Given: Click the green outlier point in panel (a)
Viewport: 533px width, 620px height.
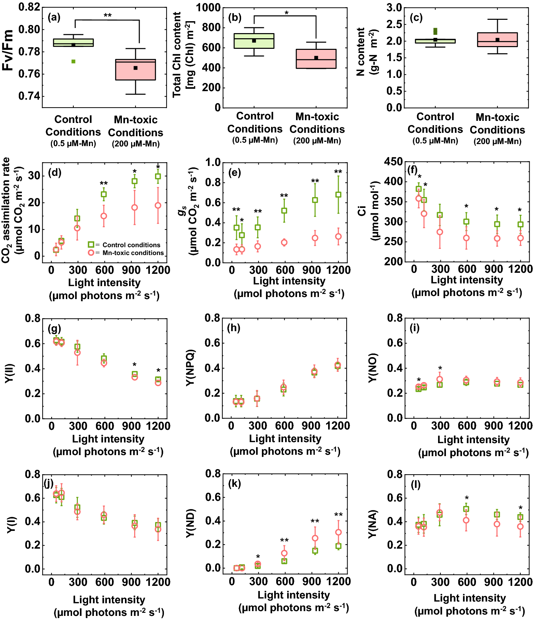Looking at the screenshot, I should click(73, 61).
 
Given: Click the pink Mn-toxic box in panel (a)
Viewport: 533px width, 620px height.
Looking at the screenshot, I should click(136, 70).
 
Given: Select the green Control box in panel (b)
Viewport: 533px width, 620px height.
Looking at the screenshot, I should click(254, 41).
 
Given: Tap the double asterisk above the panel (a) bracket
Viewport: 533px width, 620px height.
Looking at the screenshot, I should click(108, 15).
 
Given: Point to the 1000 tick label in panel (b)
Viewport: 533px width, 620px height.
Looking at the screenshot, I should click(208, 8).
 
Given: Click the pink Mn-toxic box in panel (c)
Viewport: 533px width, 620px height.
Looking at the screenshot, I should click(497, 40).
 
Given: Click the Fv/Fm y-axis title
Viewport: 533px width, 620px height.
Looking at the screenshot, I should click(8, 50).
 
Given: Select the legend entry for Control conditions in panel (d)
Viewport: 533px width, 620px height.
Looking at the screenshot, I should click(124, 245).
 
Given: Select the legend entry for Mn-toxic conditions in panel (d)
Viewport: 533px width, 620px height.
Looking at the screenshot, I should click(126, 253).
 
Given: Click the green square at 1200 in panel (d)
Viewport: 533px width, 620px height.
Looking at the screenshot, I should click(158, 177).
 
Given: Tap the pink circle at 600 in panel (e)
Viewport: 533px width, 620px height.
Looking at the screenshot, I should click(284, 242).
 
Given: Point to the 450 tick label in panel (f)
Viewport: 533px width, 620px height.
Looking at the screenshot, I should click(393, 161).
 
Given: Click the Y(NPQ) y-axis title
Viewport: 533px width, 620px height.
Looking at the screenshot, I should click(190, 368).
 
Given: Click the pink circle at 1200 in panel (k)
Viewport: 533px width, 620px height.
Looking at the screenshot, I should click(338, 532).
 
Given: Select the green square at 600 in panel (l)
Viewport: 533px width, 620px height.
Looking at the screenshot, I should click(466, 509).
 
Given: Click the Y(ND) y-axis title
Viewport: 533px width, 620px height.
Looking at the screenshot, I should click(190, 523).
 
